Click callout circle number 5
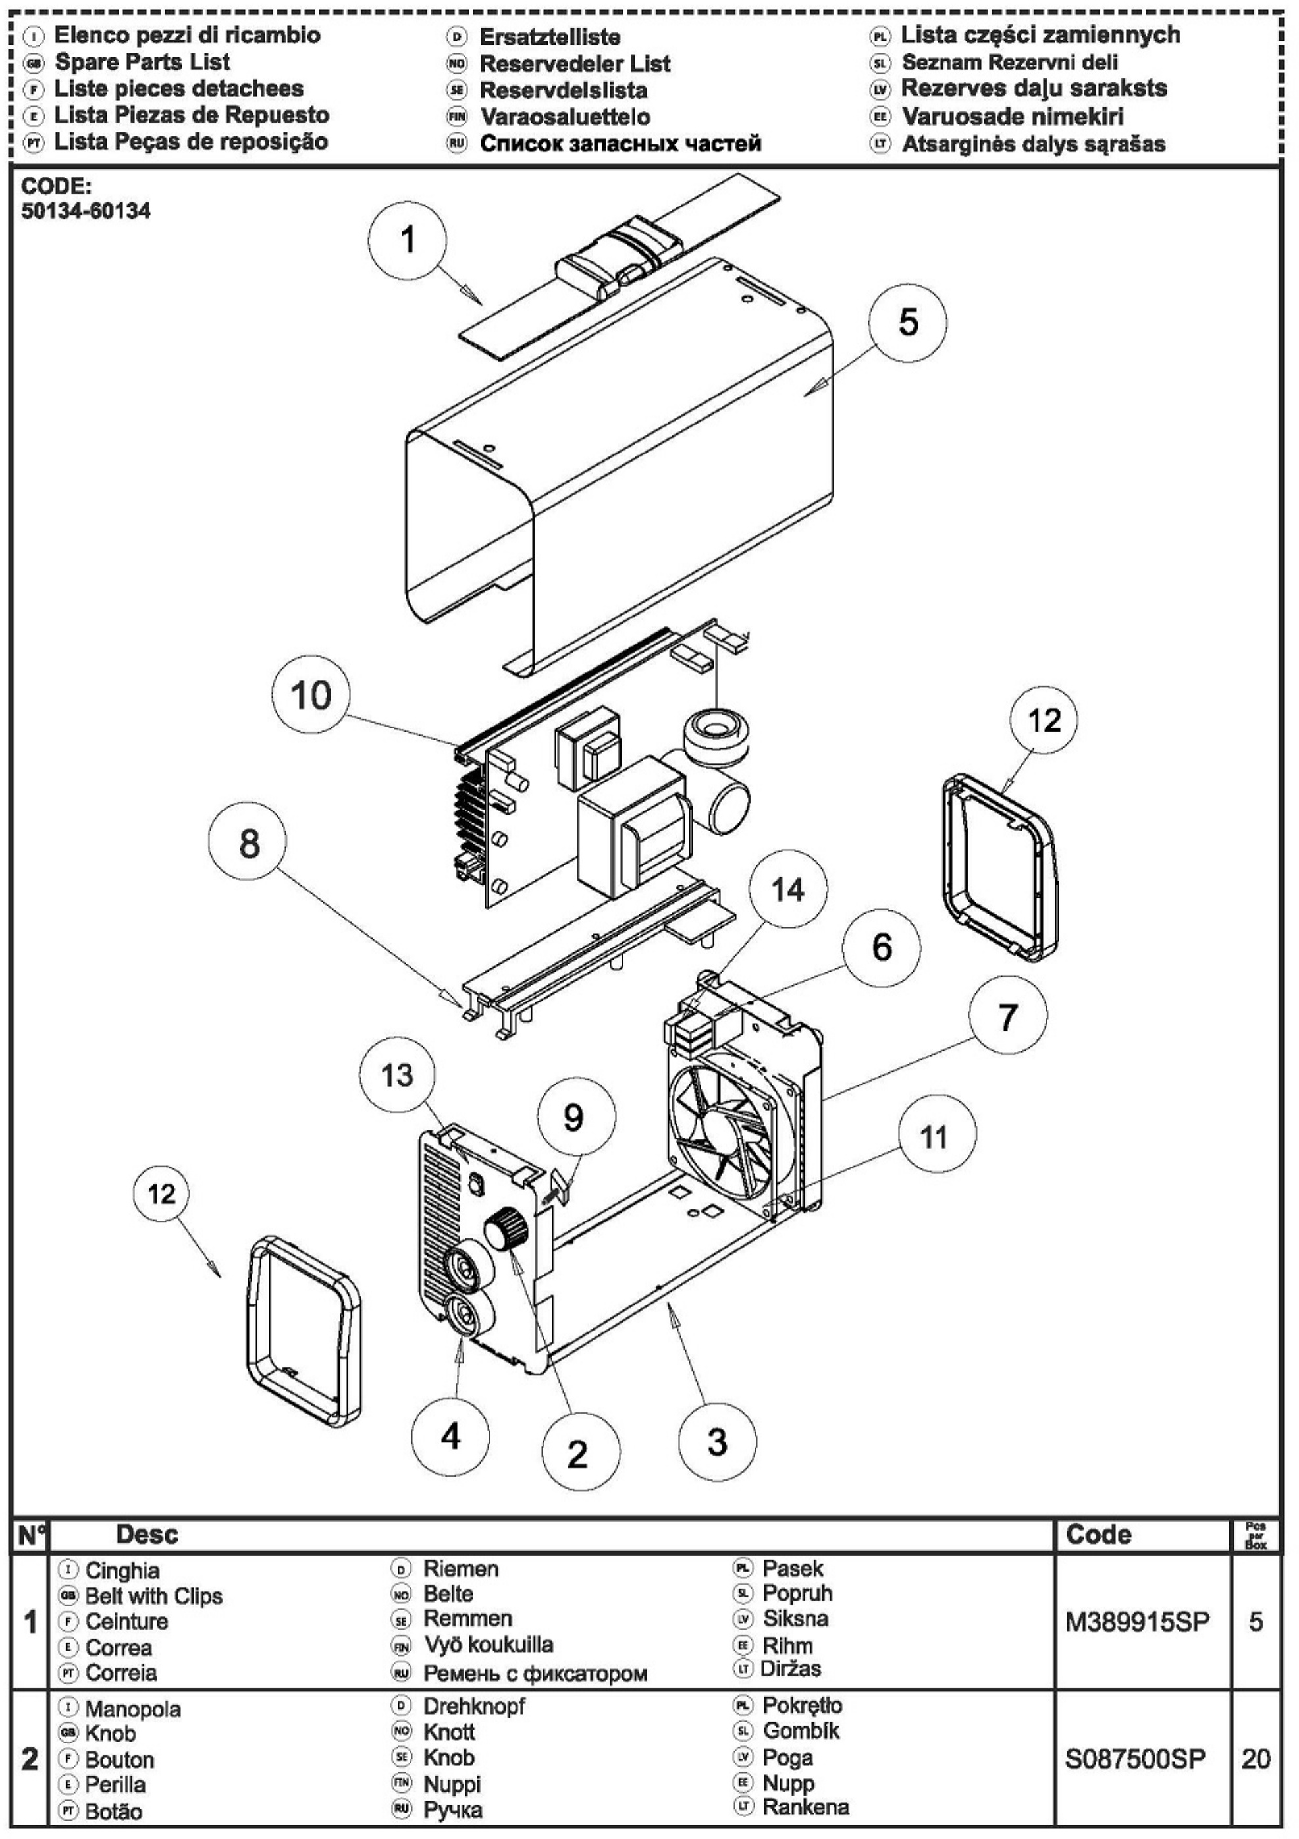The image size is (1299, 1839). coord(907,322)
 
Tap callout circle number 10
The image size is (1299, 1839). coord(311,694)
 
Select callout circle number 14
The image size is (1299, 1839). coord(788,889)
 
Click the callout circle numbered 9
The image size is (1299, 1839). coord(573,1118)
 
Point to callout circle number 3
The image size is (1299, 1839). coord(717,1442)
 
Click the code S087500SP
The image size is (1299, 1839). coord(1136,1759)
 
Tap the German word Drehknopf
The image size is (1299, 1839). coord(474,1707)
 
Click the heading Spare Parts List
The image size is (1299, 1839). coord(143,62)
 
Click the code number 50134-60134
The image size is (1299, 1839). coord(86,211)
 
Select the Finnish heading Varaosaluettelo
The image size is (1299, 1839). coord(566,117)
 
